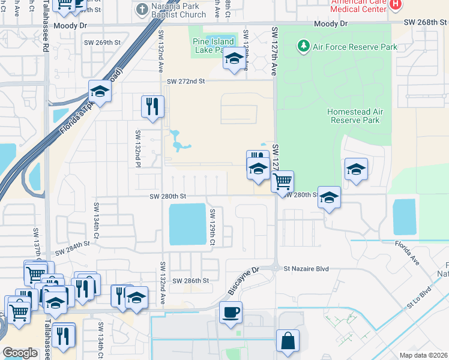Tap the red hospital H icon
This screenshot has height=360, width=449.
point(395,5)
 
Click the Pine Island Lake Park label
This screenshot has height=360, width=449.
point(209,45)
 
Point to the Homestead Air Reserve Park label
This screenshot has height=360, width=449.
point(354,116)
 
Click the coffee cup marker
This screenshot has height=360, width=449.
point(231,313)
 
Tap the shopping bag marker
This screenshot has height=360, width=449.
point(288,340)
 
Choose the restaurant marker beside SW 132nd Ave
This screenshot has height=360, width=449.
point(152,107)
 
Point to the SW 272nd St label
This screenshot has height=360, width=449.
point(186,81)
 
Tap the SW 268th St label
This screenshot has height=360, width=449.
point(425,23)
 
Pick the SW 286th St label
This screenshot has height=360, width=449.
point(191,280)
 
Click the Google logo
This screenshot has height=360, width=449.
point(20,353)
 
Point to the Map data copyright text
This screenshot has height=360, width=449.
point(423,355)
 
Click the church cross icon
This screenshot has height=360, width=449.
point(141,9)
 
